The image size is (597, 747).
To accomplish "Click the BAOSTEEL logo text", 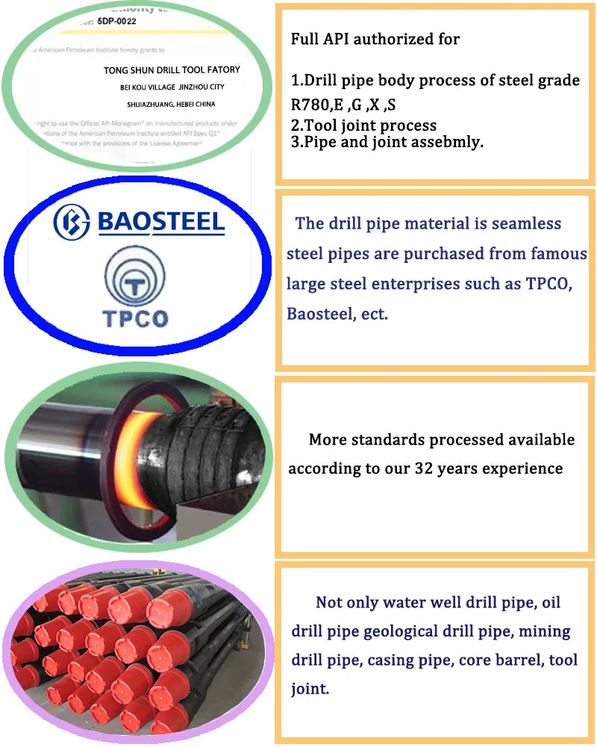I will [161, 221].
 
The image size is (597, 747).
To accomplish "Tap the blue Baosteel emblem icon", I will [72, 221].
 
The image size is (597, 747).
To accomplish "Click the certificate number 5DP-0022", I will [122, 21].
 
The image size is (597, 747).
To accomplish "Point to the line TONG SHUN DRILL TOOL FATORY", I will [172, 69].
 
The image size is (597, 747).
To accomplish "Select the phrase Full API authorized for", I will [375, 39].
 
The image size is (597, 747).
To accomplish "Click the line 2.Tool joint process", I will [363, 125].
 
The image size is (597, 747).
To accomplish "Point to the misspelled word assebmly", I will [446, 142].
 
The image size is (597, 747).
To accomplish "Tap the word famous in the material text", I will [538, 254].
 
